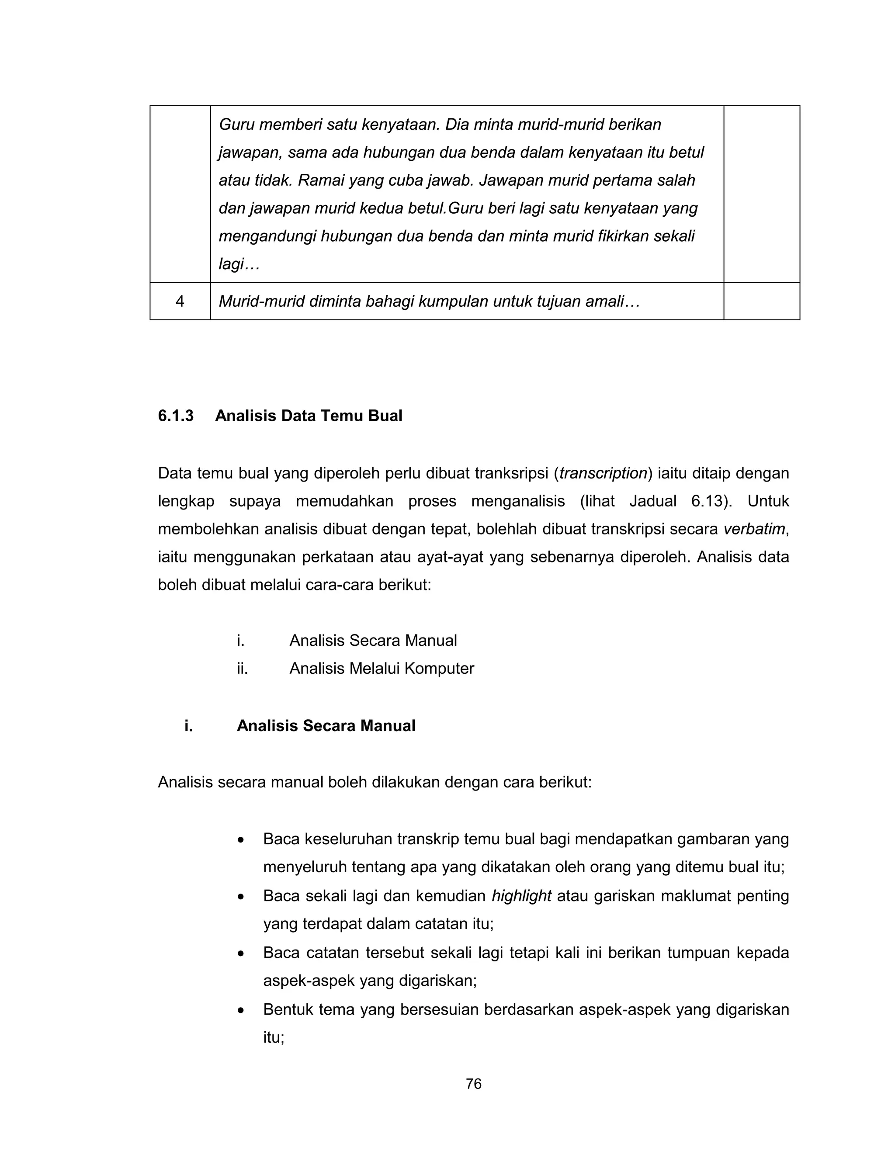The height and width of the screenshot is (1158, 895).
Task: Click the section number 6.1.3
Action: (x=176, y=416)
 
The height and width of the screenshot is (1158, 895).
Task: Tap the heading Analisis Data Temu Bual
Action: (x=309, y=416)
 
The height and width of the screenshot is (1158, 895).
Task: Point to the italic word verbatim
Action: (x=754, y=529)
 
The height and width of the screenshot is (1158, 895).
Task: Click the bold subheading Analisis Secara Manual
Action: (x=326, y=725)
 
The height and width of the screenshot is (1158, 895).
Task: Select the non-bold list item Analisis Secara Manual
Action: (x=373, y=641)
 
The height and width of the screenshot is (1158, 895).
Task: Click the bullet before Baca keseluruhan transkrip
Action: (x=241, y=840)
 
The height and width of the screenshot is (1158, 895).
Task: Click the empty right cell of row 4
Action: (x=761, y=301)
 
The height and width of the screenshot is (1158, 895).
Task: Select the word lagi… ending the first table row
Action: (x=239, y=264)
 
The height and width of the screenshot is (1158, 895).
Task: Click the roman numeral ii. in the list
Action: (x=242, y=668)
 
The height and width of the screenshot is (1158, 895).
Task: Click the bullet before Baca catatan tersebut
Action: (x=241, y=954)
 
